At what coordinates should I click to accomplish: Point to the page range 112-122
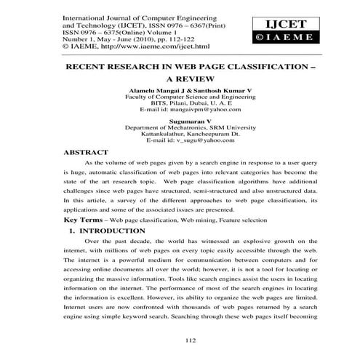[170, 35]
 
